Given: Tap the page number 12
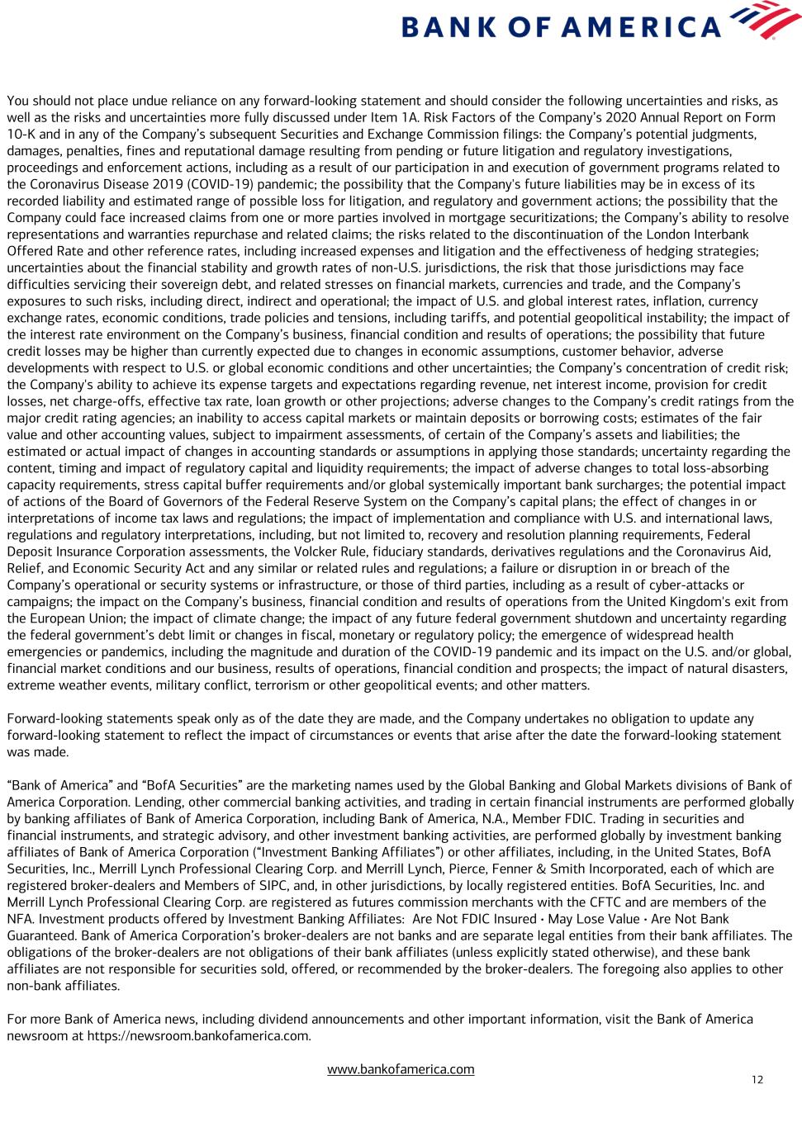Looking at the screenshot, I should coord(757,1080).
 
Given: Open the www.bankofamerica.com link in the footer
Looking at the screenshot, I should coord(401,1069).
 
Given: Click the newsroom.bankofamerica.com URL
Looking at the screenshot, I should coord(198,1035).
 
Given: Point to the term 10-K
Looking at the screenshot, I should coord(23,134).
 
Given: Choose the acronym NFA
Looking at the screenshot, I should coord(20,918).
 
